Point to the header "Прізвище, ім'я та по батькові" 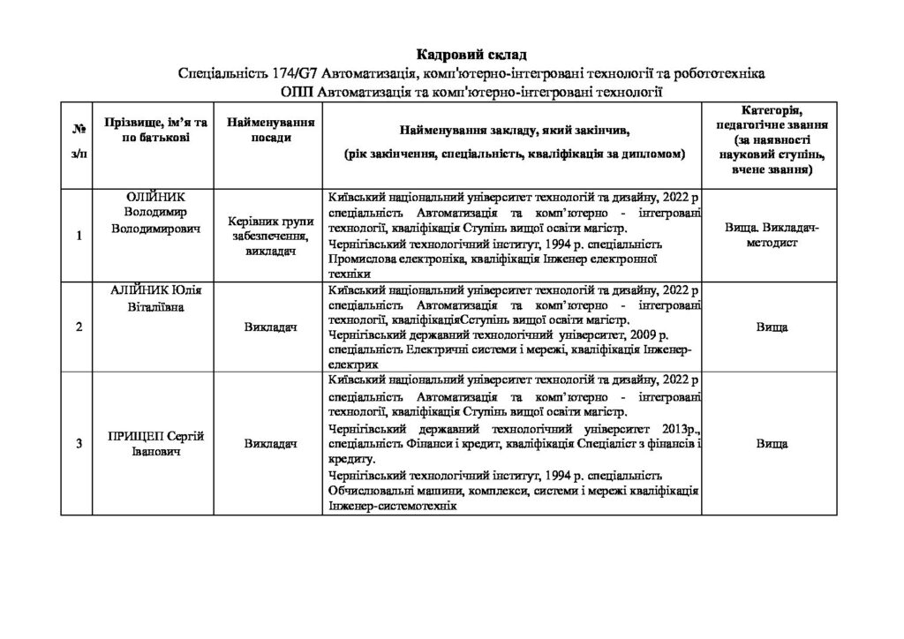pyautogui.click(x=155, y=133)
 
